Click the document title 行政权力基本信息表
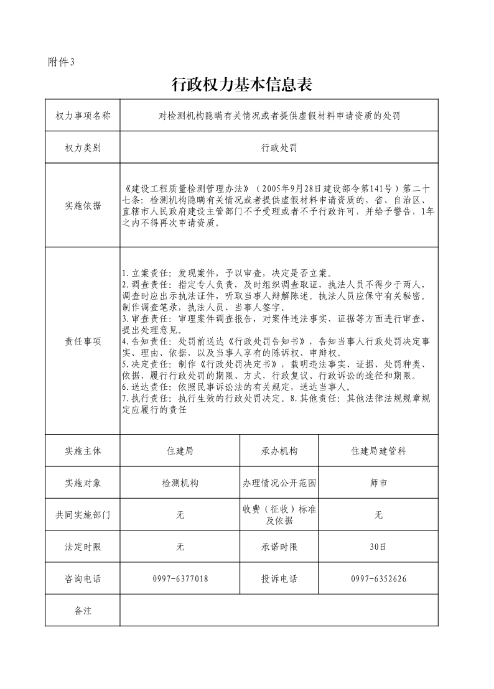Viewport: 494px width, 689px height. pos(241,85)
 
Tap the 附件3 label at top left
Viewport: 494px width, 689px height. pos(61,62)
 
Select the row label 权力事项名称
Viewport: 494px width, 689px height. pos(83,116)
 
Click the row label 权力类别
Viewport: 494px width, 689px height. pos(83,148)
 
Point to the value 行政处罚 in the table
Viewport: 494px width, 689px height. pos(279,148)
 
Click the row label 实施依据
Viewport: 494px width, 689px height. pos(83,206)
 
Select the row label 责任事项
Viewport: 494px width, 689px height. pos(83,341)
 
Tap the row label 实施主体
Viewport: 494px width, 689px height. pos(83,451)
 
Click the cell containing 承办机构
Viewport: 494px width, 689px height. pos(279,451)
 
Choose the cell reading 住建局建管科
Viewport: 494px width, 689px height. pos(378,451)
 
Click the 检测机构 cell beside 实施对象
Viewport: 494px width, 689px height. pos(180,483)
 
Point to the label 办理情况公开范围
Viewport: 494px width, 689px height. pos(279,483)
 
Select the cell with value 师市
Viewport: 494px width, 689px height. pos(378,483)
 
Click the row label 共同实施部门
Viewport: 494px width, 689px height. pos(83,515)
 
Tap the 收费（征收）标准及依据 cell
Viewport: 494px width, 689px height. pos(279,515)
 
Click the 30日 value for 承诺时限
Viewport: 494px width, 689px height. pos(378,547)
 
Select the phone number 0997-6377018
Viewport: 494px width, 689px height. pos(180,579)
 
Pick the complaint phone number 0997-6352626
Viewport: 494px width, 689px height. pos(378,579)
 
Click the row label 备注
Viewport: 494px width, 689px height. pos(83,611)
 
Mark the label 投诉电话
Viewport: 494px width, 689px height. pos(279,579)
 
